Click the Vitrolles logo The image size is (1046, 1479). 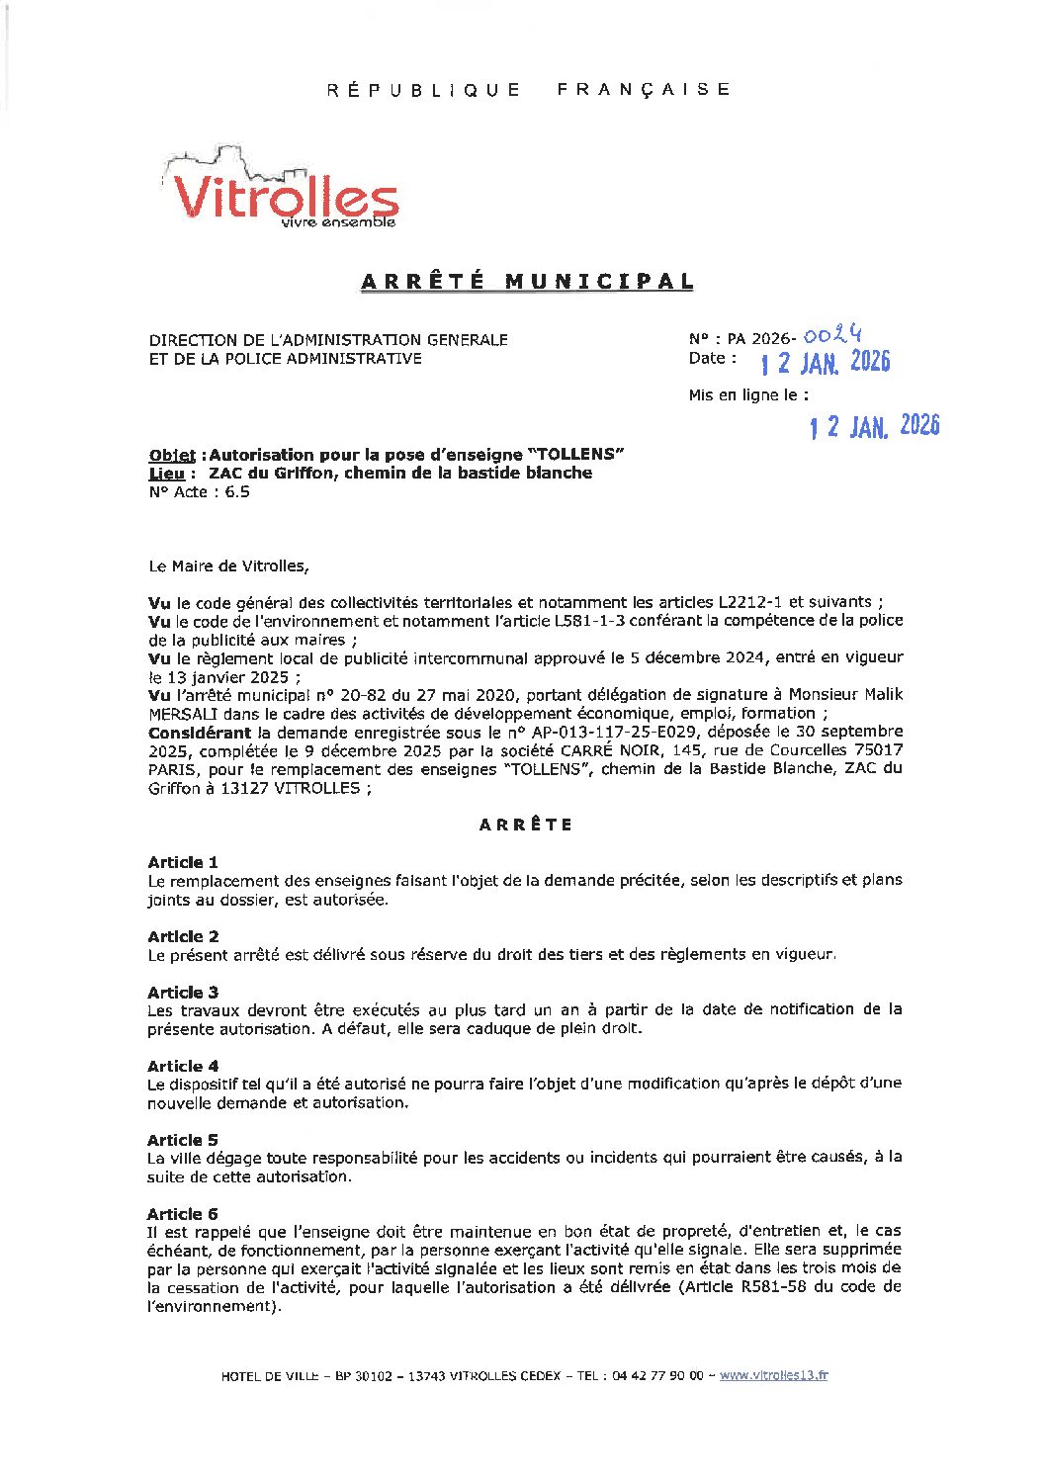285,191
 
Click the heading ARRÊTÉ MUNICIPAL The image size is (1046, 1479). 527,282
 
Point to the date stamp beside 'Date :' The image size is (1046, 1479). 826,362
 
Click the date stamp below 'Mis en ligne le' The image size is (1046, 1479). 874,426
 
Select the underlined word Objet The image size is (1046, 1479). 173,456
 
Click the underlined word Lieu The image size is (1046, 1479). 166,474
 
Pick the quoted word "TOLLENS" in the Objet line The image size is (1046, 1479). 576,455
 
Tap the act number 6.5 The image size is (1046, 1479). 237,492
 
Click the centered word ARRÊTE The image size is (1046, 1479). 526,825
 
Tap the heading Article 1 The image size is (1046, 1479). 183,862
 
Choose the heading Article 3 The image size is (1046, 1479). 183,992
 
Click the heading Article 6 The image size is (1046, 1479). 183,1214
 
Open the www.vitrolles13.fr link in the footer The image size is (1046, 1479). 773,1375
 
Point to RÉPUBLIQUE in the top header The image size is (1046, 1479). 423,90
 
